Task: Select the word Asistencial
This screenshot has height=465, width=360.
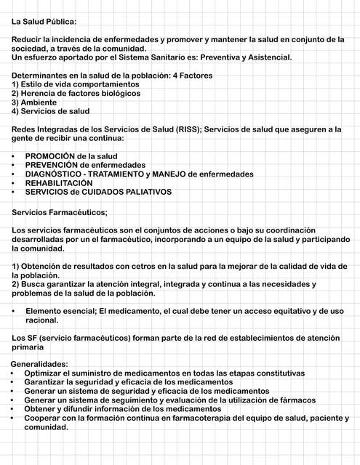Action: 268,57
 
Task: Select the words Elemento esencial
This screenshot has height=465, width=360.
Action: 60,311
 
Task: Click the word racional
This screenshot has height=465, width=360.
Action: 41,320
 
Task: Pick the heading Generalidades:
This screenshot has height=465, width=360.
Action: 39,364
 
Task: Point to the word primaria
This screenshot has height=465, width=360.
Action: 28,347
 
